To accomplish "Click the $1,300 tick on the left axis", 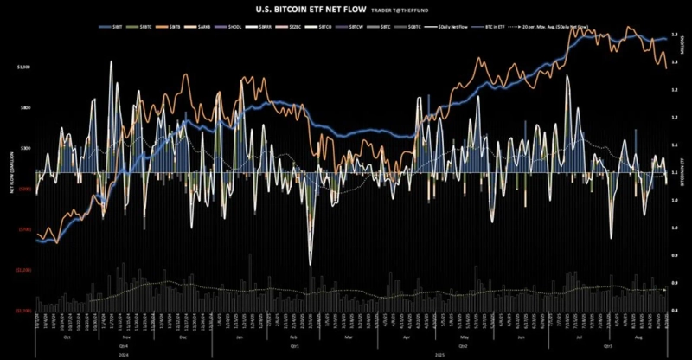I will pos(23,67).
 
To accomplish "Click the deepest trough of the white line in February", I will pos(310,262).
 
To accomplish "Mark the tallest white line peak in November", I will pos(111,61).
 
